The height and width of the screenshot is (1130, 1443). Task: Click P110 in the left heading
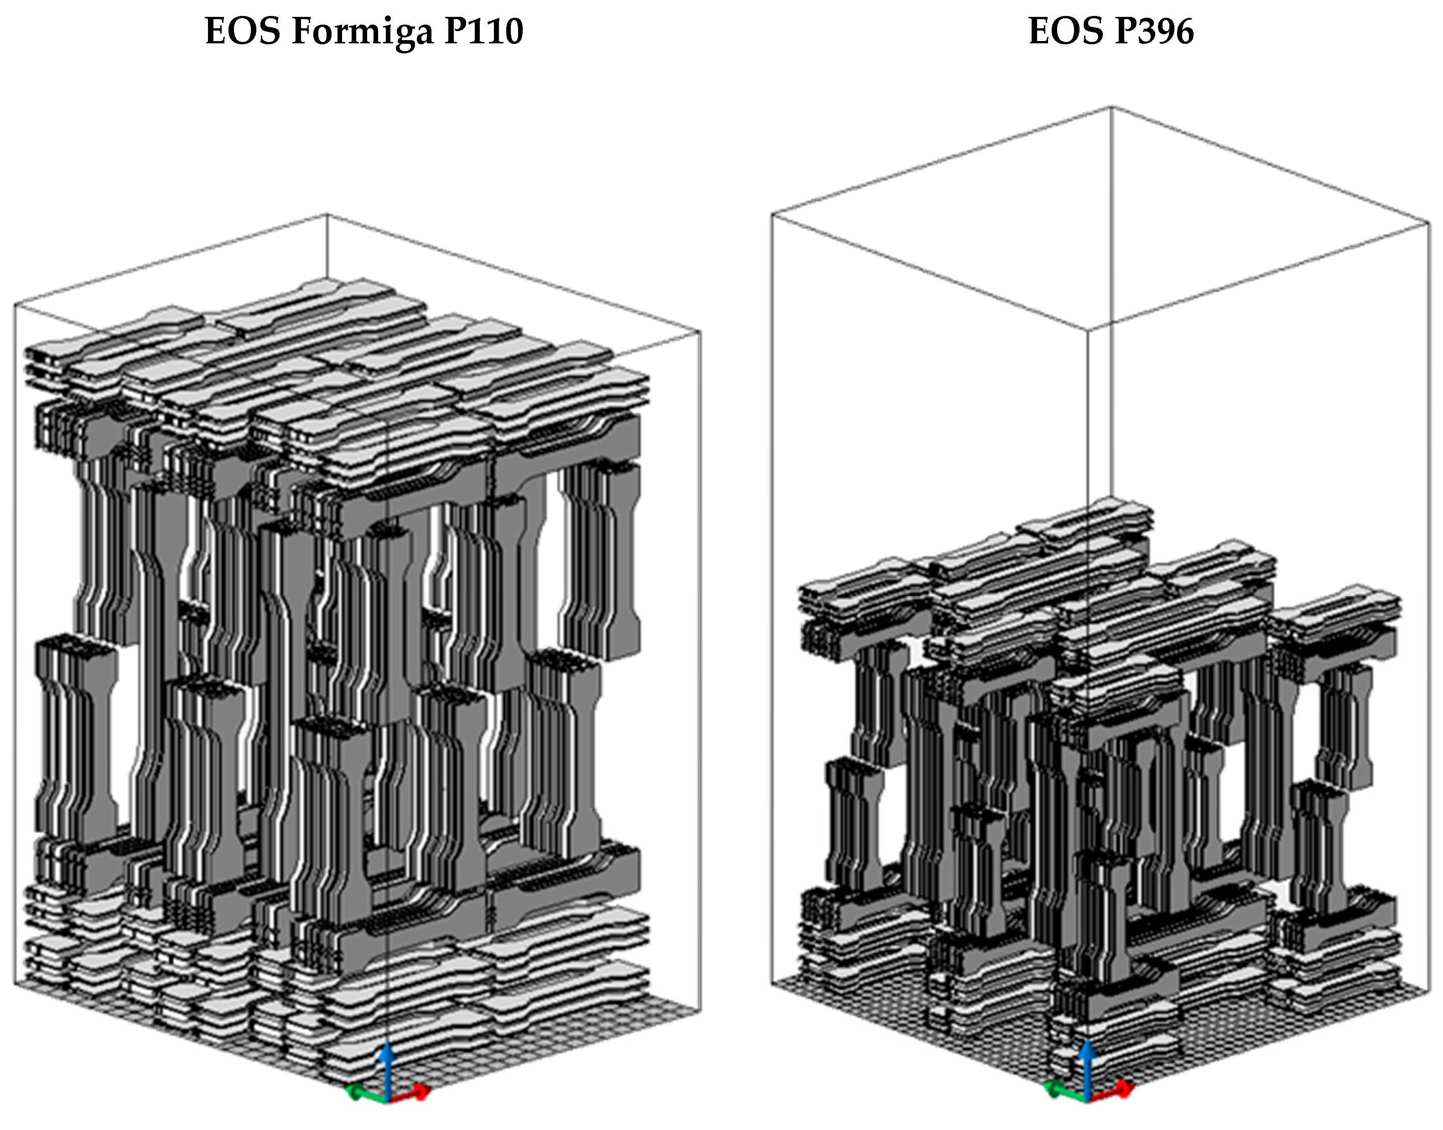pyautogui.click(x=483, y=31)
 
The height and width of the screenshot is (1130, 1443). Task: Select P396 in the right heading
pyautogui.click(x=1153, y=31)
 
